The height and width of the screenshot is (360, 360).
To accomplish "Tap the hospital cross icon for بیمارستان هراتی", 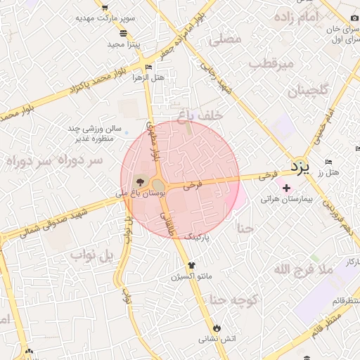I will [x=287, y=188].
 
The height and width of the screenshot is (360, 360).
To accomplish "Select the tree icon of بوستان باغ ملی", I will [x=137, y=181].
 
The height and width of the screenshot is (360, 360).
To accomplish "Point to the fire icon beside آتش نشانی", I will [x=217, y=328].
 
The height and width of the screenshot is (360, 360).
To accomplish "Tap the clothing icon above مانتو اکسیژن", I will [x=191, y=265].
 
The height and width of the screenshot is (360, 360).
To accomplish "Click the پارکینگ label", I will [x=198, y=238].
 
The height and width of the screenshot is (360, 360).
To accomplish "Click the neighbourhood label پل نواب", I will [x=91, y=255].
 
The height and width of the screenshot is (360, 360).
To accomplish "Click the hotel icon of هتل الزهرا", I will [x=148, y=67].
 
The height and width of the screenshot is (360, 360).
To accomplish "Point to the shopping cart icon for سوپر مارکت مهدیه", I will [x=105, y=9].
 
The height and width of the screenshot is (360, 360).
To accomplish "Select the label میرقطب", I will [x=267, y=64].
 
